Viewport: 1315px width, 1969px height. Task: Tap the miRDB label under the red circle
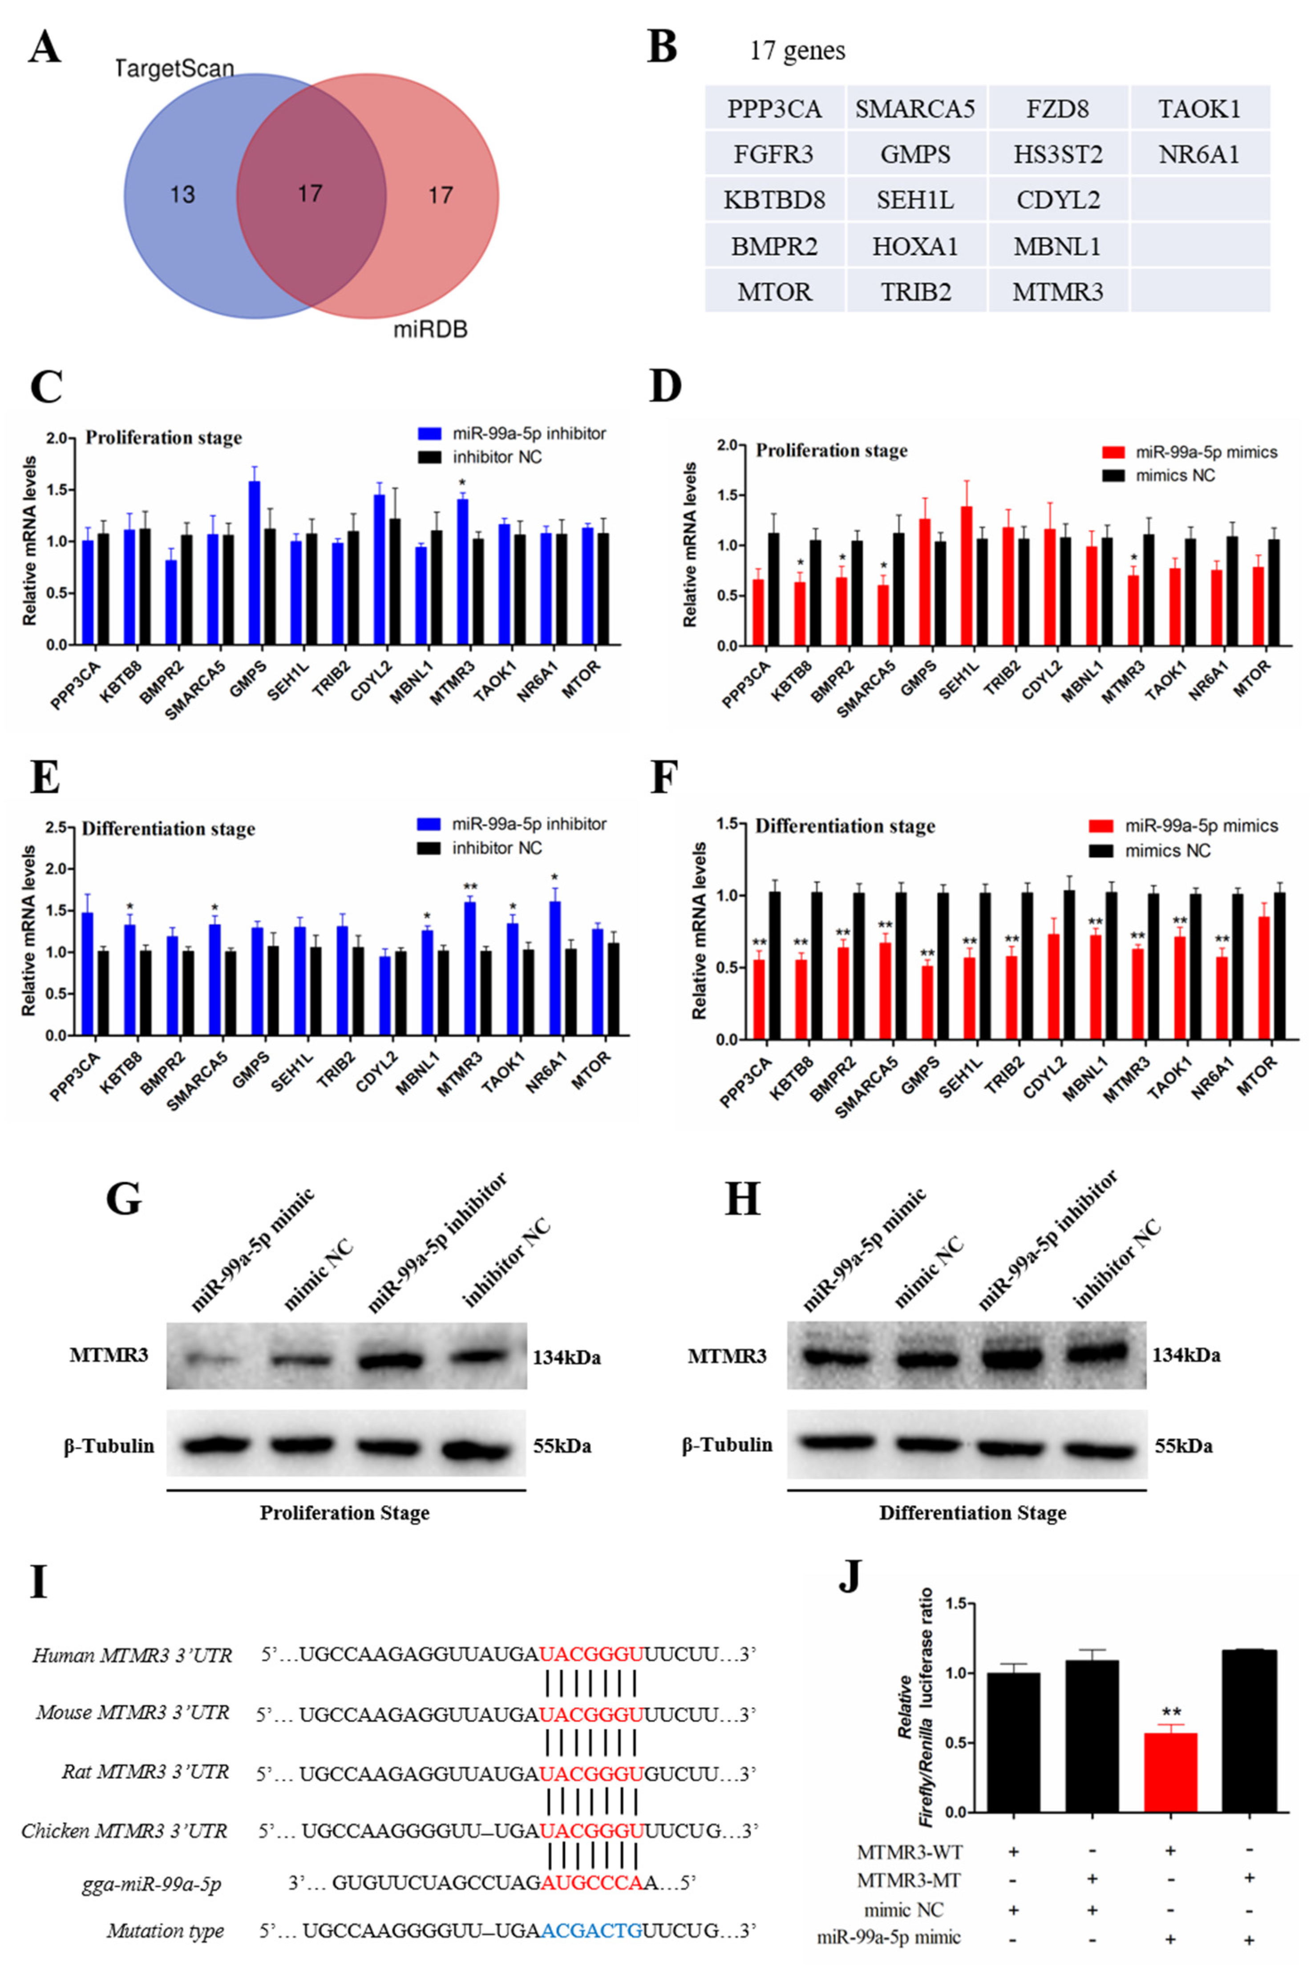tap(430, 330)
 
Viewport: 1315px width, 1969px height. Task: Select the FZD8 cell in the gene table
tap(1057, 109)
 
